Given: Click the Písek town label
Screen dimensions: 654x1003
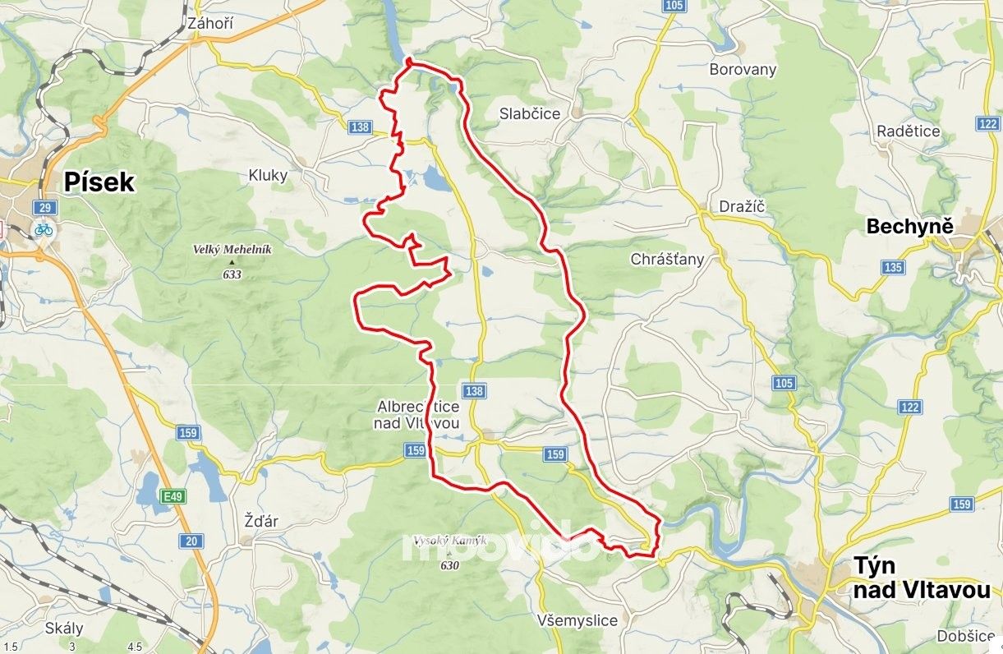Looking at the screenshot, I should click(99, 182).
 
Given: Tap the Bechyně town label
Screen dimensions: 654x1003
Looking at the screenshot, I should click(909, 226).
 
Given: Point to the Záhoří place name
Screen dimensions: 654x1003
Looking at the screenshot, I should click(210, 24).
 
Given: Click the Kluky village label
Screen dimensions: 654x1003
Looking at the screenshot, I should click(268, 175).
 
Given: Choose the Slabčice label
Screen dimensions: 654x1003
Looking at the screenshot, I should click(530, 114).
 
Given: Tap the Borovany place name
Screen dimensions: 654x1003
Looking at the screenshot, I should click(743, 70).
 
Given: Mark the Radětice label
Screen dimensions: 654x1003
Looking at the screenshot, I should click(908, 131).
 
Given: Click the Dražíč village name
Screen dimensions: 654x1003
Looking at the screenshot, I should click(742, 206).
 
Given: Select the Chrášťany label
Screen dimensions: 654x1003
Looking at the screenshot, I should click(667, 260).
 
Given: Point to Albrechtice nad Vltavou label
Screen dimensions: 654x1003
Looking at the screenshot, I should click(418, 414).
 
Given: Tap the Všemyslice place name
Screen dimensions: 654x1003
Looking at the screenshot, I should click(576, 620).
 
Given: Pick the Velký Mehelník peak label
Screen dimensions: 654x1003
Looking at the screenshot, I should click(232, 250).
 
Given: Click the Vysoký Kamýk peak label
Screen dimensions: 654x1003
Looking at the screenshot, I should click(449, 541).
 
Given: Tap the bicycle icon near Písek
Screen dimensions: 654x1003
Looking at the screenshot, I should click(44, 229).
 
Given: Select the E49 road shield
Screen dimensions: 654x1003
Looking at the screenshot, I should click(172, 497).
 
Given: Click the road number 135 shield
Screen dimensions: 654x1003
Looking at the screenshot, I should click(893, 267).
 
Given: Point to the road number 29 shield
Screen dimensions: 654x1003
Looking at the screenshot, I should click(44, 207).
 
